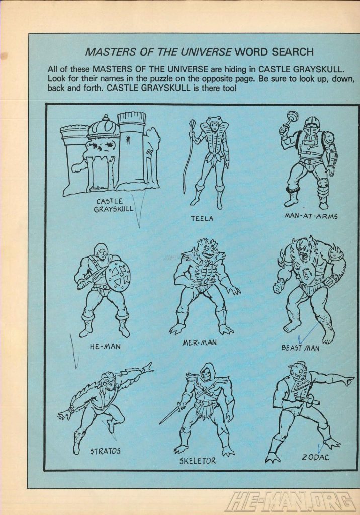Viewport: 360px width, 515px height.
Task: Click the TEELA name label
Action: [202, 218]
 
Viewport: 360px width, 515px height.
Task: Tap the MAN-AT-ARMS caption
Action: [311, 216]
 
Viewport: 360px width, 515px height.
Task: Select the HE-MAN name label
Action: [105, 346]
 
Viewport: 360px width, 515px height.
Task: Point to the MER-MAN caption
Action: [200, 342]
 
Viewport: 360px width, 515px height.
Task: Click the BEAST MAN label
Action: [300, 348]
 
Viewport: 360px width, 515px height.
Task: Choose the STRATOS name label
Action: [106, 451]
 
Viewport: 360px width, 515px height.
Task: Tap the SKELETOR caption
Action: [198, 461]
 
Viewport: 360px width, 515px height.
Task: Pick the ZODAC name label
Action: [315, 457]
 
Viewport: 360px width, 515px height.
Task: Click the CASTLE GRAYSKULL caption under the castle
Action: [114, 205]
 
